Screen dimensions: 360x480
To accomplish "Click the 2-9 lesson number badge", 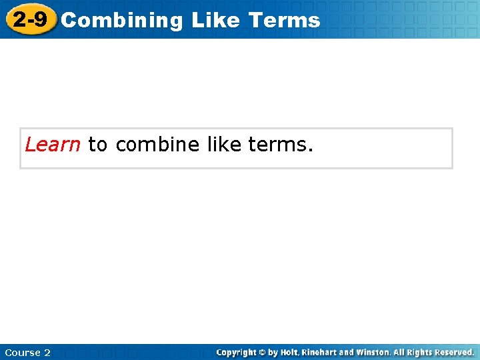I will pyautogui.click(x=30, y=19).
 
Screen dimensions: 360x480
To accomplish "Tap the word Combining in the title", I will pyautogui.click(x=121, y=21).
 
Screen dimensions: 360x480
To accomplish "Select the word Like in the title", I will pyautogui.click(x=215, y=20).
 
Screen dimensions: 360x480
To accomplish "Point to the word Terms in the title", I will pyautogui.click(x=284, y=20).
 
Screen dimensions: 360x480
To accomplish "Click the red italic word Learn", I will pyautogui.click(x=53, y=144).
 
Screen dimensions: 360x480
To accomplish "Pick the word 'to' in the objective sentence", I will pyautogui.click(x=97, y=144).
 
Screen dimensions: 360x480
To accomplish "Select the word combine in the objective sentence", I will pyautogui.click(x=157, y=144).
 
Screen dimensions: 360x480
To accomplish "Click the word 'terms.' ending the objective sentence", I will pyautogui.click(x=281, y=144).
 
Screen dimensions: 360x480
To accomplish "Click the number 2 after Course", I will pyautogui.click(x=47, y=353).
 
